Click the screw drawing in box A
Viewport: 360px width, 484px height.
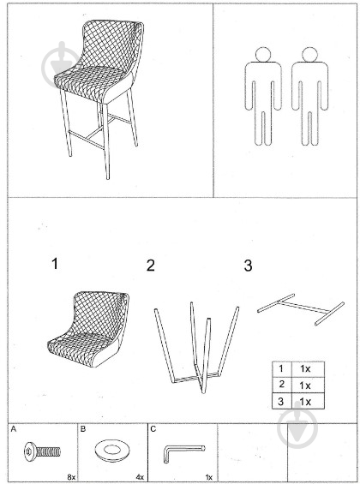click(42, 452)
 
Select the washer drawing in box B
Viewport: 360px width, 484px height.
click(112, 451)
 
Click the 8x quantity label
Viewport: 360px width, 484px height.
click(71, 477)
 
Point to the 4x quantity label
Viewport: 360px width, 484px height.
click(140, 477)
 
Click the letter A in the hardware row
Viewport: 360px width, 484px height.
click(13, 429)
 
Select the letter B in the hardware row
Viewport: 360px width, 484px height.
click(83, 429)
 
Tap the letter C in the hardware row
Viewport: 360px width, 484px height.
click(153, 429)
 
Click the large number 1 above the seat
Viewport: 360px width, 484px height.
click(55, 264)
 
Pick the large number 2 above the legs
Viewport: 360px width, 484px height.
click(150, 266)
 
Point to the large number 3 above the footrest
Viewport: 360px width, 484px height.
click(248, 266)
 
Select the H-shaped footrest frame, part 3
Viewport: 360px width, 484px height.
click(301, 308)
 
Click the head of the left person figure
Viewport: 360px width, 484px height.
click(263, 55)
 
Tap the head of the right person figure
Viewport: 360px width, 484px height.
click(309, 55)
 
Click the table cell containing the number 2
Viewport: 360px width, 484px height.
click(282, 385)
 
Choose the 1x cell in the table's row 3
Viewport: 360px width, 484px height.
click(308, 401)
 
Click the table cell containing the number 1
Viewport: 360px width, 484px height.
click(282, 368)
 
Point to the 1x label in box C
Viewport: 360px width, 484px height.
click(209, 477)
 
